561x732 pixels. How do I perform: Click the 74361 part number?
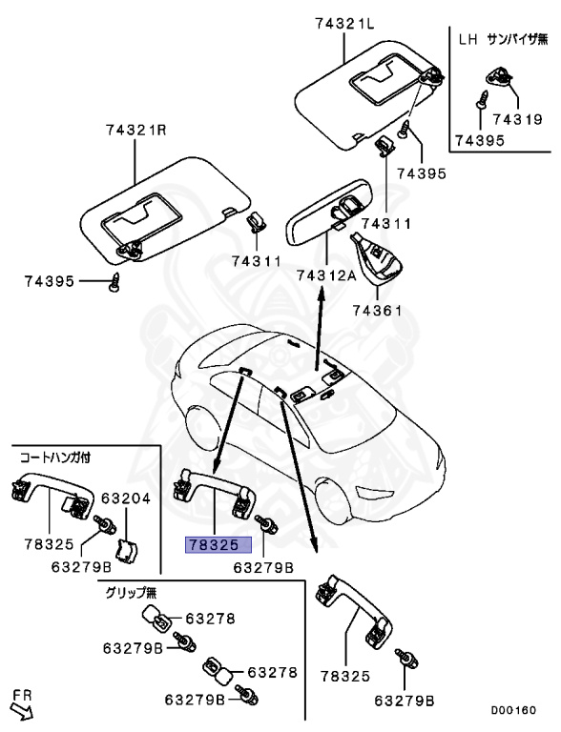coord(379,310)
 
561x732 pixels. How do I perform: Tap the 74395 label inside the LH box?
coord(479,139)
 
